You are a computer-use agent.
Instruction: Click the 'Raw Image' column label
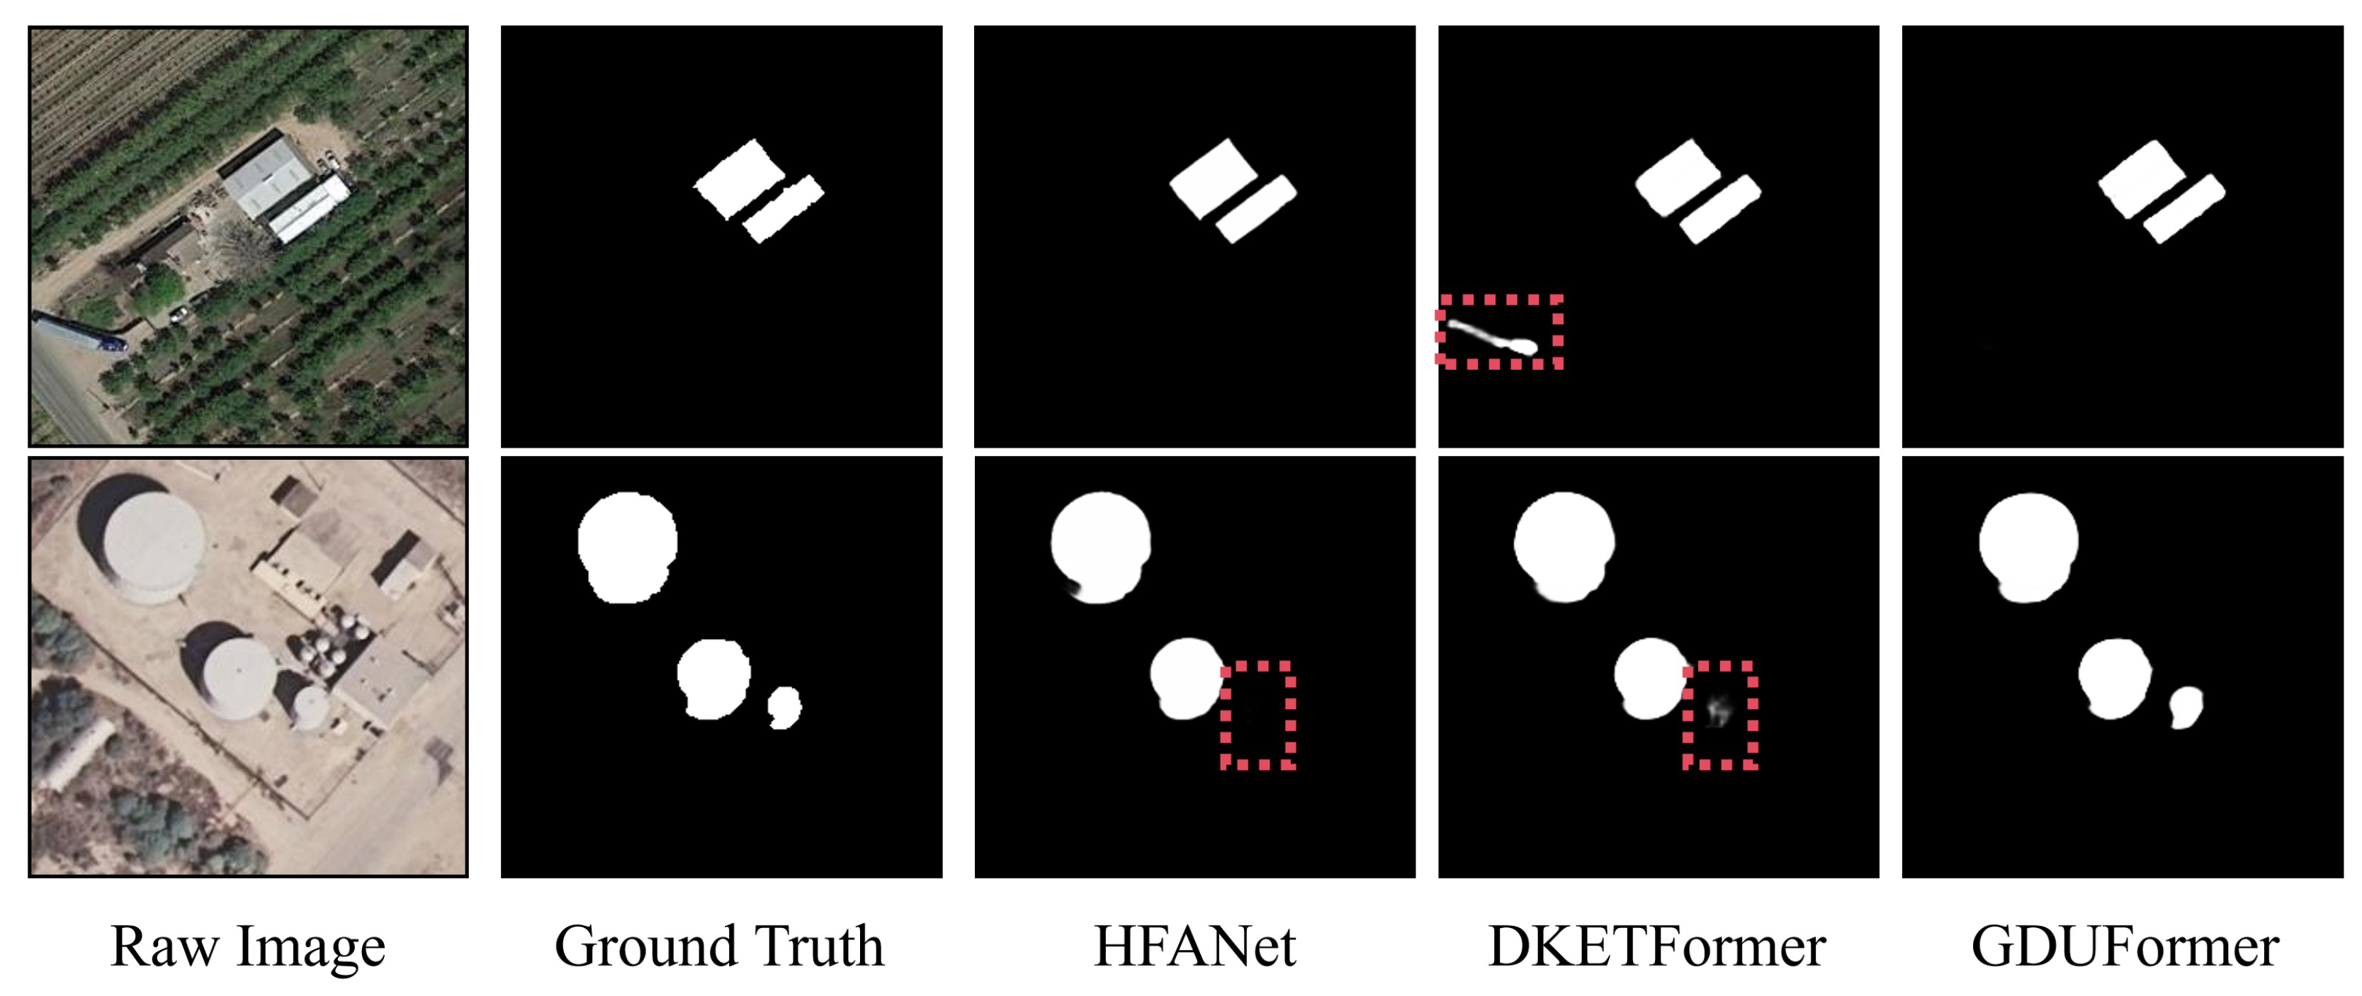pyautogui.click(x=247, y=946)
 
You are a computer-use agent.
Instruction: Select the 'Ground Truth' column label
pyautogui.click(x=720, y=946)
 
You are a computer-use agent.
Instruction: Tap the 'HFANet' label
pyautogui.click(x=1194, y=946)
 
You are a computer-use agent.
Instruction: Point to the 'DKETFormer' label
pyautogui.click(x=1657, y=946)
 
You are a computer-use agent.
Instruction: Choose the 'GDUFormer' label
pyautogui.click(x=2125, y=946)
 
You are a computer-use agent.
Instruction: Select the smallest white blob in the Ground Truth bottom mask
pyautogui.click(x=784, y=707)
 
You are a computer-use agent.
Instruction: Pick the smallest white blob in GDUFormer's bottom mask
pyautogui.click(x=2186, y=707)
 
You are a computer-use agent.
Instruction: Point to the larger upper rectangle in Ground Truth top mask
pyautogui.click(x=739, y=179)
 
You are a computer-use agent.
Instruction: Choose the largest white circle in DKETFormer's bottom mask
pyautogui.click(x=1564, y=545)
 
